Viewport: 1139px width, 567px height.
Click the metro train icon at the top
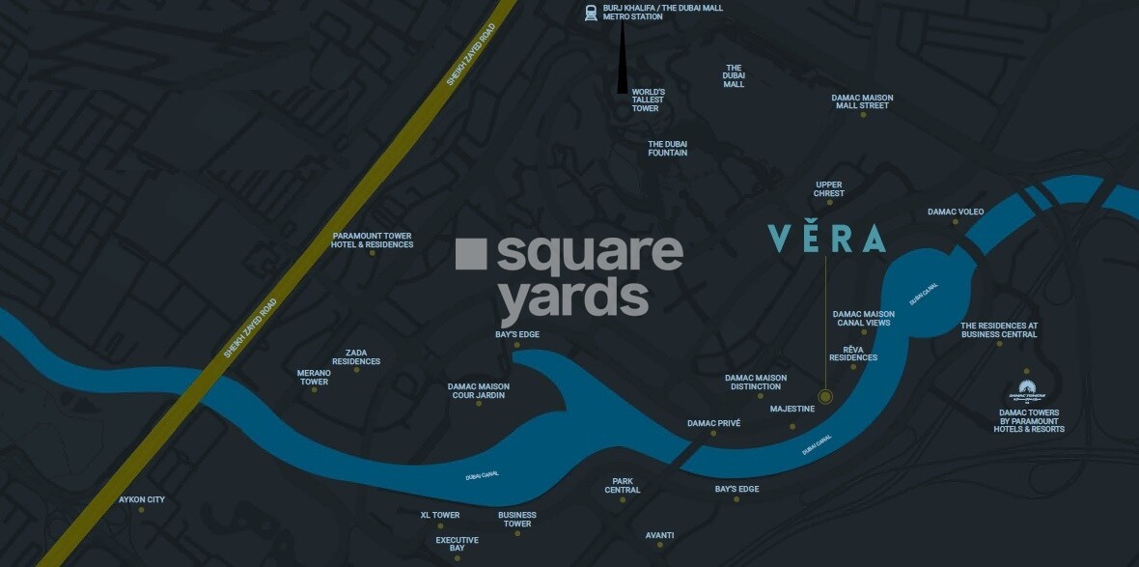(590, 13)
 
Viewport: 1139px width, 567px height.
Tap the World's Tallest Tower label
(648, 100)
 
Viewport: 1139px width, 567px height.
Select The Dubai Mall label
(734, 76)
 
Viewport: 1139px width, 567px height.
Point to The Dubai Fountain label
(667, 148)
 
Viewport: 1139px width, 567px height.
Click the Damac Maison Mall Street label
(862, 101)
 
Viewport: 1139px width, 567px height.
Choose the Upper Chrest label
(828, 189)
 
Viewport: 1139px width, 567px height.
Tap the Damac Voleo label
(956, 212)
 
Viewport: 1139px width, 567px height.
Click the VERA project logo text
(826, 239)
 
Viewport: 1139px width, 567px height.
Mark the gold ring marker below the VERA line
(825, 396)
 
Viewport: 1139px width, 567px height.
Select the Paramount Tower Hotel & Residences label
(372, 241)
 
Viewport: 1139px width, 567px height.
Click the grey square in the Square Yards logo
(470, 253)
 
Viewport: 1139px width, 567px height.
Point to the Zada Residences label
(355, 357)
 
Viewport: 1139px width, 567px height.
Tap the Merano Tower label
(313, 377)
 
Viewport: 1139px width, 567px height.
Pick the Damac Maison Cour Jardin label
(478, 391)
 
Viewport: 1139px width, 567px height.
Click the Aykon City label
(142, 499)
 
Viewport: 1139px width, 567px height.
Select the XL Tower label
(439, 515)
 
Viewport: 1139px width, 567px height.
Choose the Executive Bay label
(457, 544)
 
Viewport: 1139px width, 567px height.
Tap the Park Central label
(623, 485)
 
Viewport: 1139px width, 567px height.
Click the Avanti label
(659, 535)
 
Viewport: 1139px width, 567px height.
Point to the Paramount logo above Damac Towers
(1027, 392)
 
